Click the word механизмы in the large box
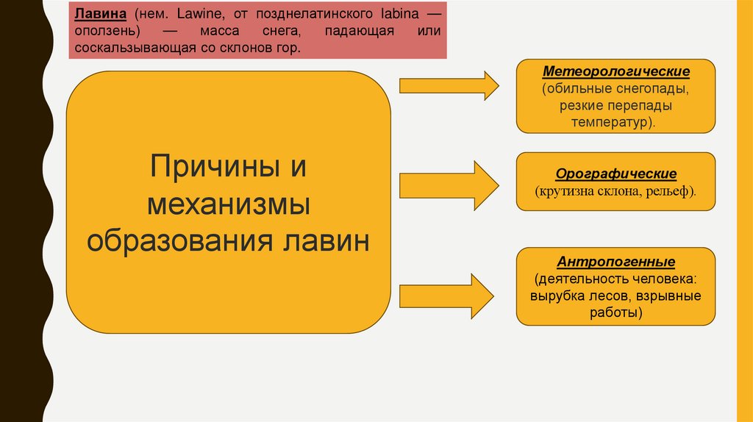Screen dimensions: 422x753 click(228, 204)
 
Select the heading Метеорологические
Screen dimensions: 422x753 click(615, 72)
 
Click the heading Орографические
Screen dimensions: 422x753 click(615, 174)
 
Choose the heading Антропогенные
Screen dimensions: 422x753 click(615, 262)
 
